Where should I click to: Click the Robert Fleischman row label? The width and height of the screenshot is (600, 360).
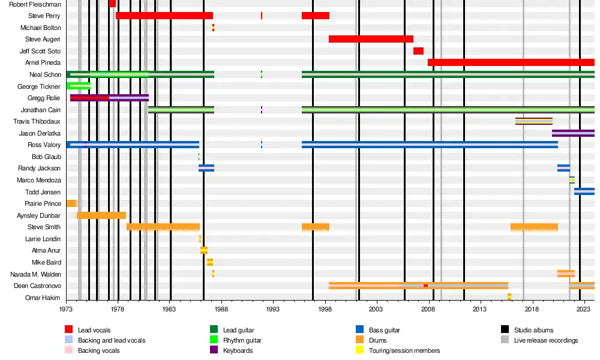tap(34, 4)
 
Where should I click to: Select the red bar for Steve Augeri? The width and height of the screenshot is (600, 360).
tap(371, 39)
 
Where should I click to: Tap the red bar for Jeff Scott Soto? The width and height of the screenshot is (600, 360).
tap(418, 51)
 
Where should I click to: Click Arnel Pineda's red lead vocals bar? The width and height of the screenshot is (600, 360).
tap(511, 62)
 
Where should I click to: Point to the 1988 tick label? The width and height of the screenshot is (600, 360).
tap(221, 310)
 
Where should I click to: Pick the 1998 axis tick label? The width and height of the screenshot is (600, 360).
tap(325, 310)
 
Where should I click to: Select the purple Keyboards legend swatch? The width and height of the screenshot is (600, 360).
tap(214, 350)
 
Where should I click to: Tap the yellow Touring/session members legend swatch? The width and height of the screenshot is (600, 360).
tap(359, 350)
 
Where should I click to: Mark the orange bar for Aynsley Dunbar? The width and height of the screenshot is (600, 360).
tap(101, 215)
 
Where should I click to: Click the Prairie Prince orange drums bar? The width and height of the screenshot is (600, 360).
tap(71, 203)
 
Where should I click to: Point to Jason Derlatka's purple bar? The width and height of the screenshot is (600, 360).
tap(573, 133)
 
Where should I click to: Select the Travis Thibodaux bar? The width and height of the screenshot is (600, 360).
tap(533, 121)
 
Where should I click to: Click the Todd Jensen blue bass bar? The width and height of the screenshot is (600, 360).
tap(584, 192)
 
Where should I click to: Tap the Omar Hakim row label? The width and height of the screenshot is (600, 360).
tap(43, 298)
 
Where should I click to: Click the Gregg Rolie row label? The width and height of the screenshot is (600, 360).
tap(44, 98)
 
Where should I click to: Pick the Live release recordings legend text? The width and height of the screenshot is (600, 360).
tap(545, 340)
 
